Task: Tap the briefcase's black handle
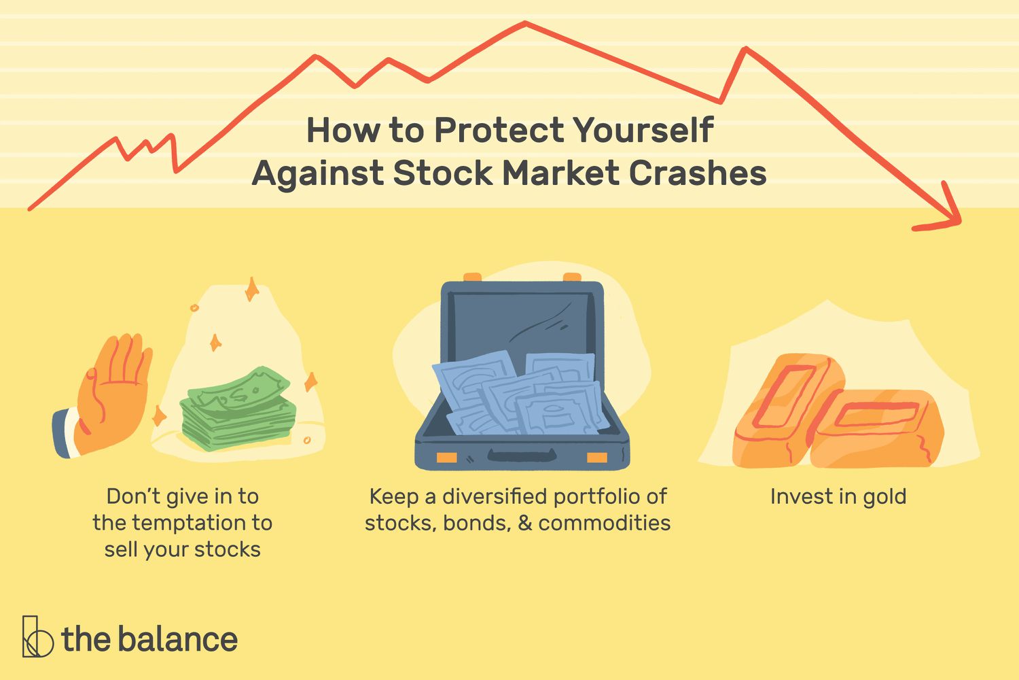[x=522, y=455]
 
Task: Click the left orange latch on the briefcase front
[x=446, y=457]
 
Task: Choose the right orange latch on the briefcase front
[x=596, y=457]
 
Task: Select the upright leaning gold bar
[x=788, y=408]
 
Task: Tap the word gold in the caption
[x=884, y=497]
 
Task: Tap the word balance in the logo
[x=177, y=639]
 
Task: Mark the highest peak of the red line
[x=525, y=23]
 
